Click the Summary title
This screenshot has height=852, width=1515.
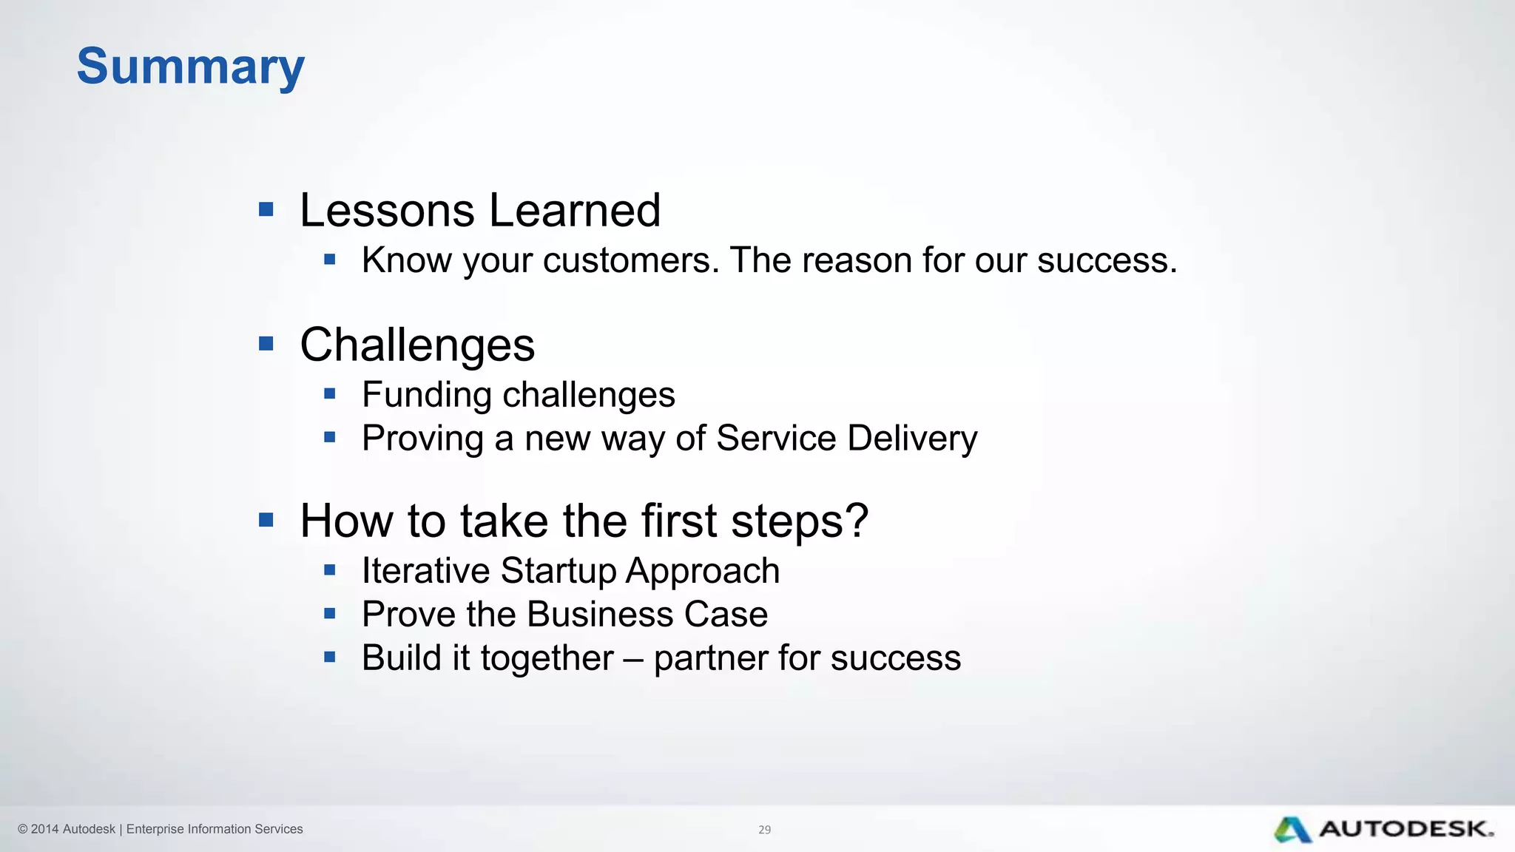pyautogui.click(x=190, y=67)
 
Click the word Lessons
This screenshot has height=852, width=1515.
pyautogui.click(x=387, y=211)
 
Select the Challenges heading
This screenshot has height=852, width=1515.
pyautogui.click(x=416, y=345)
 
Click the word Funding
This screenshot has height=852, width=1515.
pyautogui.click(x=425, y=394)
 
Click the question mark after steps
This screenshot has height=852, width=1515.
pyautogui.click(x=857, y=521)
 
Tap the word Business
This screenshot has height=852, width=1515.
pyautogui.click(x=600, y=615)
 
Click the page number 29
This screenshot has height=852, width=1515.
pyautogui.click(x=764, y=830)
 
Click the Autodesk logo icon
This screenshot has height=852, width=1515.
pyautogui.click(x=1292, y=829)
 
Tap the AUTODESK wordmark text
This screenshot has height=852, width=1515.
pyautogui.click(x=1406, y=829)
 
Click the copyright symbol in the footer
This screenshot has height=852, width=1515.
pyautogui.click(x=22, y=829)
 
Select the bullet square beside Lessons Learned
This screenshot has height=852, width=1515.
pyautogui.click(x=266, y=210)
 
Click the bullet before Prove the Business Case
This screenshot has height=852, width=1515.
pyautogui.click(x=330, y=613)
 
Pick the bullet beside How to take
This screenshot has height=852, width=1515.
pyautogui.click(x=266, y=520)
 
